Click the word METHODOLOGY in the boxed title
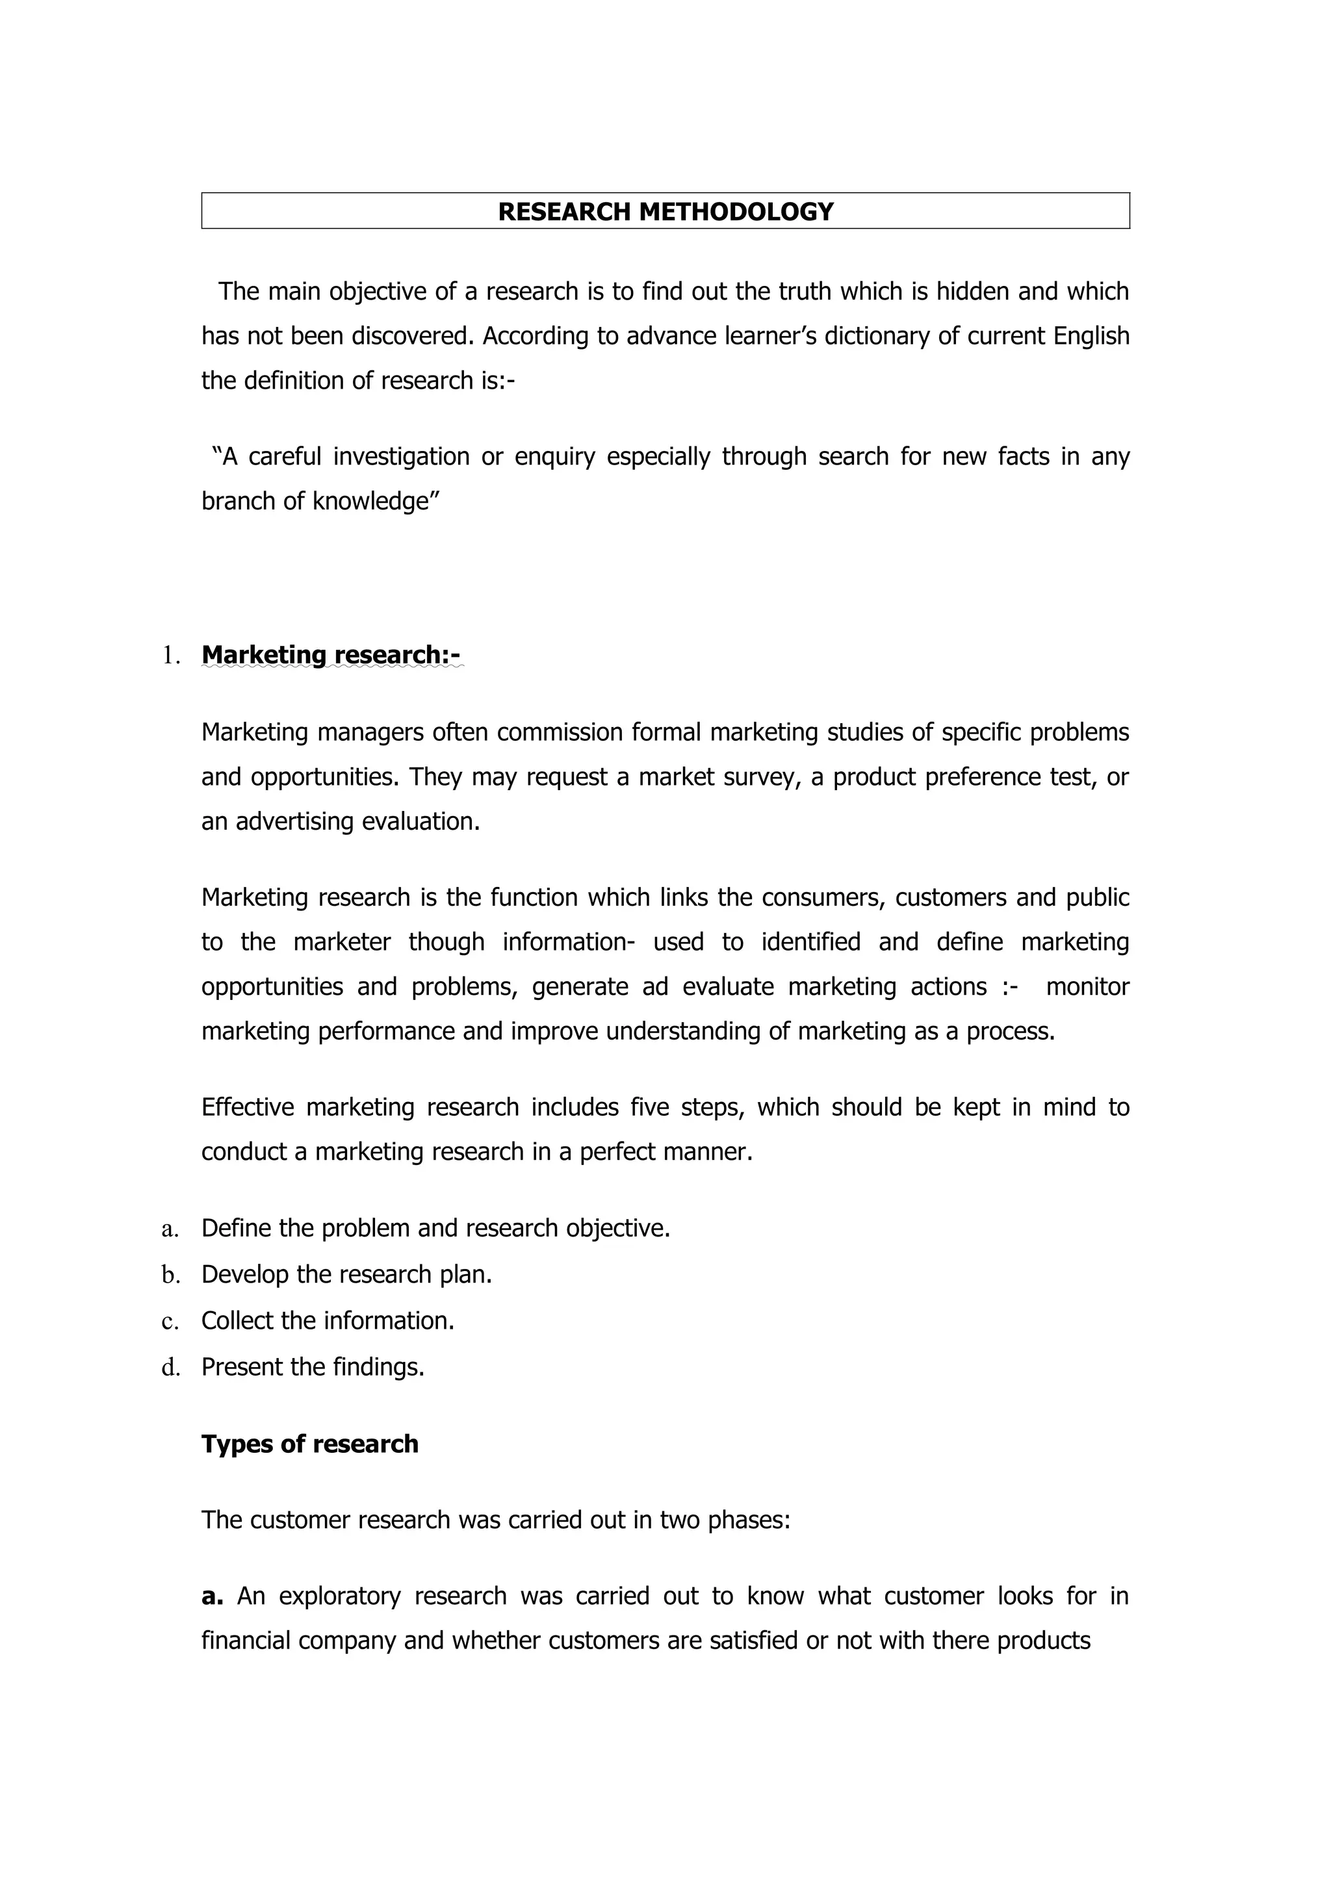(736, 212)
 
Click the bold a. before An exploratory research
(212, 1596)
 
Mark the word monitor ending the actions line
(1087, 986)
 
